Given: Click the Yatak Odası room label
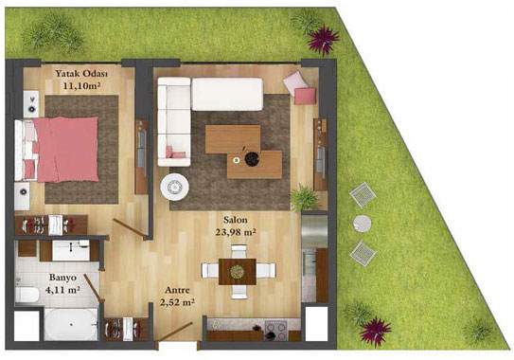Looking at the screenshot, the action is pyautogui.click(x=81, y=74).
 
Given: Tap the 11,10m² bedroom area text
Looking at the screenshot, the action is pyautogui.click(x=81, y=86).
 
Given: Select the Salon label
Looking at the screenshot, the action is pyautogui.click(x=236, y=220).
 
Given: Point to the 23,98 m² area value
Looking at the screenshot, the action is pyautogui.click(x=236, y=232).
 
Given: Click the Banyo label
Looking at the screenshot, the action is pyautogui.click(x=62, y=278).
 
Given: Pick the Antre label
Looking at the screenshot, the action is pyautogui.click(x=177, y=290).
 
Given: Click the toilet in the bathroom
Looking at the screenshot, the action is pyautogui.click(x=27, y=294).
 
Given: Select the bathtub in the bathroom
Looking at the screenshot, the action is pyautogui.click(x=71, y=325).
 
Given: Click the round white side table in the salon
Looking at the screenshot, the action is pyautogui.click(x=174, y=187).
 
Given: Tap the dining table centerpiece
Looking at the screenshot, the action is pyautogui.click(x=237, y=272).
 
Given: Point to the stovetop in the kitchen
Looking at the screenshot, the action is pyautogui.click(x=275, y=330).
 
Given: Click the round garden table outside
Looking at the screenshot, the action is pyautogui.click(x=363, y=224).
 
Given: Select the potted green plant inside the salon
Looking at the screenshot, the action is pyautogui.click(x=304, y=198).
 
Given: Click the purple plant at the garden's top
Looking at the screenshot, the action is pyautogui.click(x=324, y=40).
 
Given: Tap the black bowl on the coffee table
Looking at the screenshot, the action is pyautogui.click(x=252, y=159).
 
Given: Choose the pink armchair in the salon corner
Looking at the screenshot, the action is pyautogui.click(x=300, y=87).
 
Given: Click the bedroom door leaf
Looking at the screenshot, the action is pyautogui.click(x=130, y=229).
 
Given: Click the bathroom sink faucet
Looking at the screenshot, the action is pyautogui.click(x=71, y=246).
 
